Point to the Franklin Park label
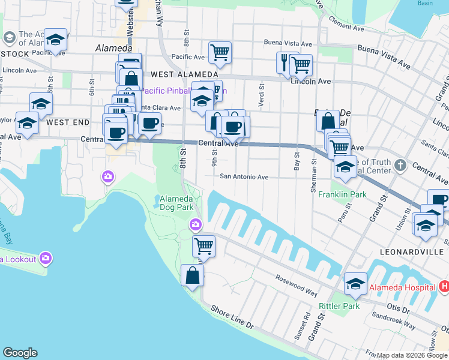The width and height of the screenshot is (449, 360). point(342,194)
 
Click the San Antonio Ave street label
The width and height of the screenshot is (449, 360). point(244,176)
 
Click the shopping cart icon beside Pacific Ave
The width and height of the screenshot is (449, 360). point(220,53)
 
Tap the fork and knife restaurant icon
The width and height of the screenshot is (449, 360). point(285,61)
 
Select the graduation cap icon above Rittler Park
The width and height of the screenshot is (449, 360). point(355,285)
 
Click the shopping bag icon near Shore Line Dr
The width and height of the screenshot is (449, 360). point(192,276)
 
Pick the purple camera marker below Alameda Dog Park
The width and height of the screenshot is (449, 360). point(196,226)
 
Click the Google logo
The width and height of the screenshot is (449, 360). point(20,353)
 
